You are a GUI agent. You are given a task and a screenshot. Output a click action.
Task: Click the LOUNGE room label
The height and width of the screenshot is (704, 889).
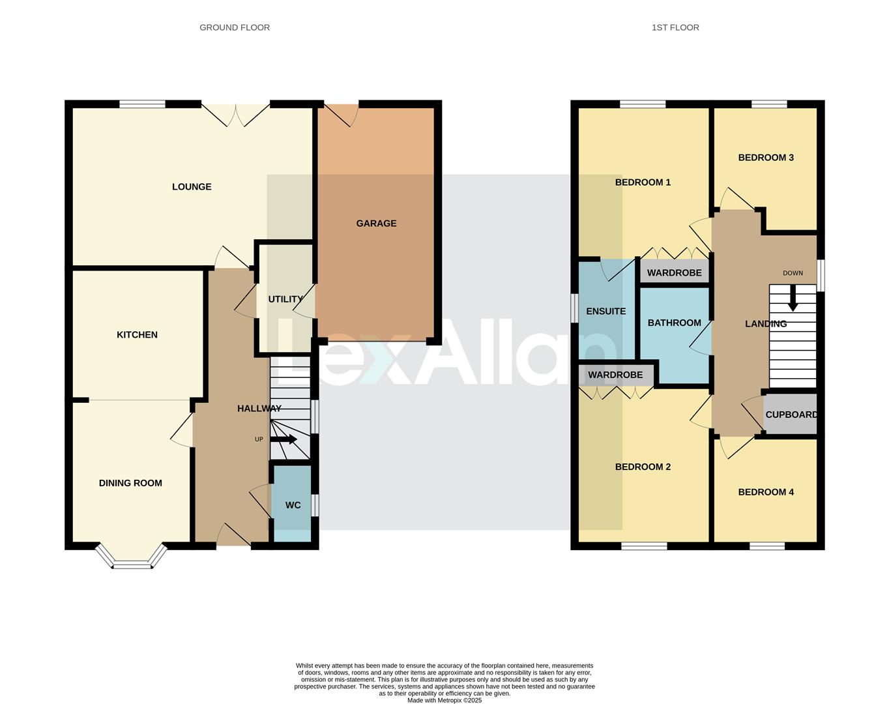[192, 187]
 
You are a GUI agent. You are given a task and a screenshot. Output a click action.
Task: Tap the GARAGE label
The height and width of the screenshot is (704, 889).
[376, 224]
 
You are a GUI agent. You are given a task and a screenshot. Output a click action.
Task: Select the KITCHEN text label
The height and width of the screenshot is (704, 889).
[137, 335]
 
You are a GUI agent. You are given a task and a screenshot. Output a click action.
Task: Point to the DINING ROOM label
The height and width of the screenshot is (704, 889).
[130, 483]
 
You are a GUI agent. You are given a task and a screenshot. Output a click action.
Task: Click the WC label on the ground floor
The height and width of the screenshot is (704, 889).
[293, 505]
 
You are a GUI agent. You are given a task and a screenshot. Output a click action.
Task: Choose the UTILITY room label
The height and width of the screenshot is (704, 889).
[285, 299]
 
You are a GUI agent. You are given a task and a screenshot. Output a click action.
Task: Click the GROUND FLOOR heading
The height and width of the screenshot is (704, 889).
[235, 27]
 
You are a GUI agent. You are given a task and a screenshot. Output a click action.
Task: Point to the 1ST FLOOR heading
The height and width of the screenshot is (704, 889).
[675, 27]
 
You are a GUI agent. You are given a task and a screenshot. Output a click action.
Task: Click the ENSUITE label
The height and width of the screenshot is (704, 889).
[605, 312]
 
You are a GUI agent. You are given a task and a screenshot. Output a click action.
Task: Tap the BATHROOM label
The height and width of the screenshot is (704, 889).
[674, 323]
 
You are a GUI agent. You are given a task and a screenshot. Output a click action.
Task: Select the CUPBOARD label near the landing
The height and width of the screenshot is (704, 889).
[791, 415]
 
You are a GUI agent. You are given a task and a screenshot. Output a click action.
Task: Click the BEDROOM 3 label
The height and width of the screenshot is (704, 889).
[766, 158]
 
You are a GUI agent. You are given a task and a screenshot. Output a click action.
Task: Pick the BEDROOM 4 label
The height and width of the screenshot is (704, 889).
[766, 492]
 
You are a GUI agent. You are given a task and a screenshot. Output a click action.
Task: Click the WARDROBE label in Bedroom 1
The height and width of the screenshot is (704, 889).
[674, 272]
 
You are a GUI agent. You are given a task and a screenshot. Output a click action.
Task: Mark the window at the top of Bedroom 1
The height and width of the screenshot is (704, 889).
[643, 104]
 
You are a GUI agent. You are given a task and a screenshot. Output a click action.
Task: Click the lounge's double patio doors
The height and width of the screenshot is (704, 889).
[235, 113]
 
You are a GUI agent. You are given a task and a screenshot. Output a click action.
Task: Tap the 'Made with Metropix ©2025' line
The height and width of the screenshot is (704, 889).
[444, 700]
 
